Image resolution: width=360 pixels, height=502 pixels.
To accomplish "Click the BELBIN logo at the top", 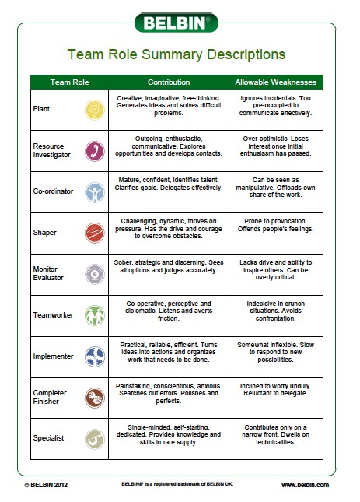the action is pos(177,22).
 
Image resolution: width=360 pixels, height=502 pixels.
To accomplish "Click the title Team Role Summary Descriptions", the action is pos(177,55).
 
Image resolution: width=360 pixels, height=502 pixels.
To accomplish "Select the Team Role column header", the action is pos(69,82).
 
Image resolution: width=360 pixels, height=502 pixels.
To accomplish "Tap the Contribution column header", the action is pos(169,82).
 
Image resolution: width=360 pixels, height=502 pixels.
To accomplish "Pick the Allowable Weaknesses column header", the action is pos(276,82).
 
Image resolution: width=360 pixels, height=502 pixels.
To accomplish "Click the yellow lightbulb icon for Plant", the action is pos(95,108).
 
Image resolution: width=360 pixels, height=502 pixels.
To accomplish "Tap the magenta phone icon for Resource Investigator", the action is pos(95,149).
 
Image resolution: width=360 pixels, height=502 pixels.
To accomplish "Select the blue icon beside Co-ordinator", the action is pos(95,191).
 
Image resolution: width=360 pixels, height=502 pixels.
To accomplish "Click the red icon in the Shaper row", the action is pos(95,232).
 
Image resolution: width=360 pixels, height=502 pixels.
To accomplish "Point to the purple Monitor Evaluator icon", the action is pos(95,273).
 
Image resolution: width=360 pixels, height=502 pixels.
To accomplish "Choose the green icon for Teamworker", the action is pos(95,314).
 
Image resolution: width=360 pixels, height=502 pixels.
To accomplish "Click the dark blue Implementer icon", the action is pos(95,356).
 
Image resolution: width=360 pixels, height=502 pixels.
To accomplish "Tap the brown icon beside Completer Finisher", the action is pos(95,397).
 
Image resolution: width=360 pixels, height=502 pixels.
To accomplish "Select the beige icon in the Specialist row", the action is pos(95,438).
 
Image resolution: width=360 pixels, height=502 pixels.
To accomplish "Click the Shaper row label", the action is pos(45,232).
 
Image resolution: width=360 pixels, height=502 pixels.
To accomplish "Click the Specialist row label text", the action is pos(49,438).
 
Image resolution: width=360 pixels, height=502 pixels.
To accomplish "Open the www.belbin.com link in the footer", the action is pos(305,484).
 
